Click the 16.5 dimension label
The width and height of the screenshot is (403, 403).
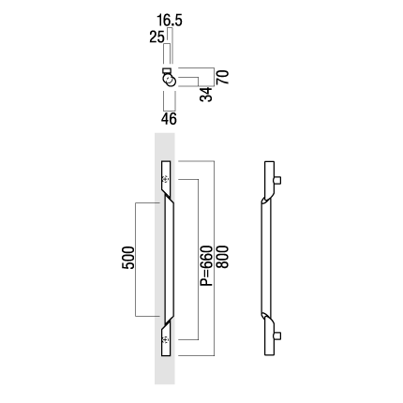170,21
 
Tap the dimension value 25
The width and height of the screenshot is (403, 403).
157,37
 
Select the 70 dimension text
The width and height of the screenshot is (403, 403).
223,77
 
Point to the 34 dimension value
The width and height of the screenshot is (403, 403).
206,95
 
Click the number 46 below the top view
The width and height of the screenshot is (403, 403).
169,119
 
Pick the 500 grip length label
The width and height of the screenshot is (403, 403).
128,258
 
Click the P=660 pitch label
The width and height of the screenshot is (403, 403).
206,266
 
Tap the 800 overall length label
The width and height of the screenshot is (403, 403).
223,257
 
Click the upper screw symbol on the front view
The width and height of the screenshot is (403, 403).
166,179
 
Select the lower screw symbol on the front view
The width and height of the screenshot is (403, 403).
166,339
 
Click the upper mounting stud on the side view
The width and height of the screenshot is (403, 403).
277,180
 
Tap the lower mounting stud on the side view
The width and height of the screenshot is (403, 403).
277,336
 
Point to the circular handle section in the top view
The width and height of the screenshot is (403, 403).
169,80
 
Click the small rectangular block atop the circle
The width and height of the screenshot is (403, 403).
167,70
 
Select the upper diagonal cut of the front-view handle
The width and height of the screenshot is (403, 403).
168,196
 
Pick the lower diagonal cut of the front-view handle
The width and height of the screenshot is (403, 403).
168,321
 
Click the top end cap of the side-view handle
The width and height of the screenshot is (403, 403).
269,163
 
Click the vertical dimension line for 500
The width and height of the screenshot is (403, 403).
135,260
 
